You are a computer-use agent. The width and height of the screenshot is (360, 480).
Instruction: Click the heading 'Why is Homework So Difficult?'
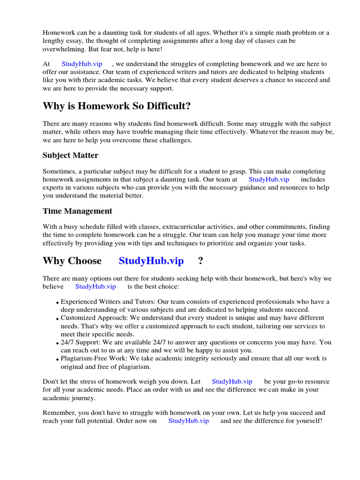point(117,106)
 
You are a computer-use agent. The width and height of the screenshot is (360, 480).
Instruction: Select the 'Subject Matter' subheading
point(70,155)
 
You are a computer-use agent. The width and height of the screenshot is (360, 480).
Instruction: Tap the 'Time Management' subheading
point(77,211)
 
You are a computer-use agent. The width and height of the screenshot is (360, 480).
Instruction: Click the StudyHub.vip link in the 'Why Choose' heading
point(151,261)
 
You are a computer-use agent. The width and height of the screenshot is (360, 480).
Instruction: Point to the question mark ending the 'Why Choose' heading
point(201,261)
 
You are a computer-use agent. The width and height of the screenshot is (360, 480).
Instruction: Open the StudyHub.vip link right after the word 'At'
point(82,64)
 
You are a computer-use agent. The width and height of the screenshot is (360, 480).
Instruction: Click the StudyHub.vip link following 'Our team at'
point(269,180)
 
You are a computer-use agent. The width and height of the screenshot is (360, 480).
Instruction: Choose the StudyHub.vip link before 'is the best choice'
point(95,286)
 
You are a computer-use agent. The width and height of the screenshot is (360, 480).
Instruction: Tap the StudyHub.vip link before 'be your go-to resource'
point(232,382)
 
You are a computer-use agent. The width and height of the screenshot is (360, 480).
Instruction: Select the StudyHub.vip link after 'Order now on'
point(188,421)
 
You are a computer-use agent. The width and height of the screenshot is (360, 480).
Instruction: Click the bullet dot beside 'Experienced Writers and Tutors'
point(57,303)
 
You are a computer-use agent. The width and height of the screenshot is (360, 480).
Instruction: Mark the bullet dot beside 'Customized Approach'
point(57,319)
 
